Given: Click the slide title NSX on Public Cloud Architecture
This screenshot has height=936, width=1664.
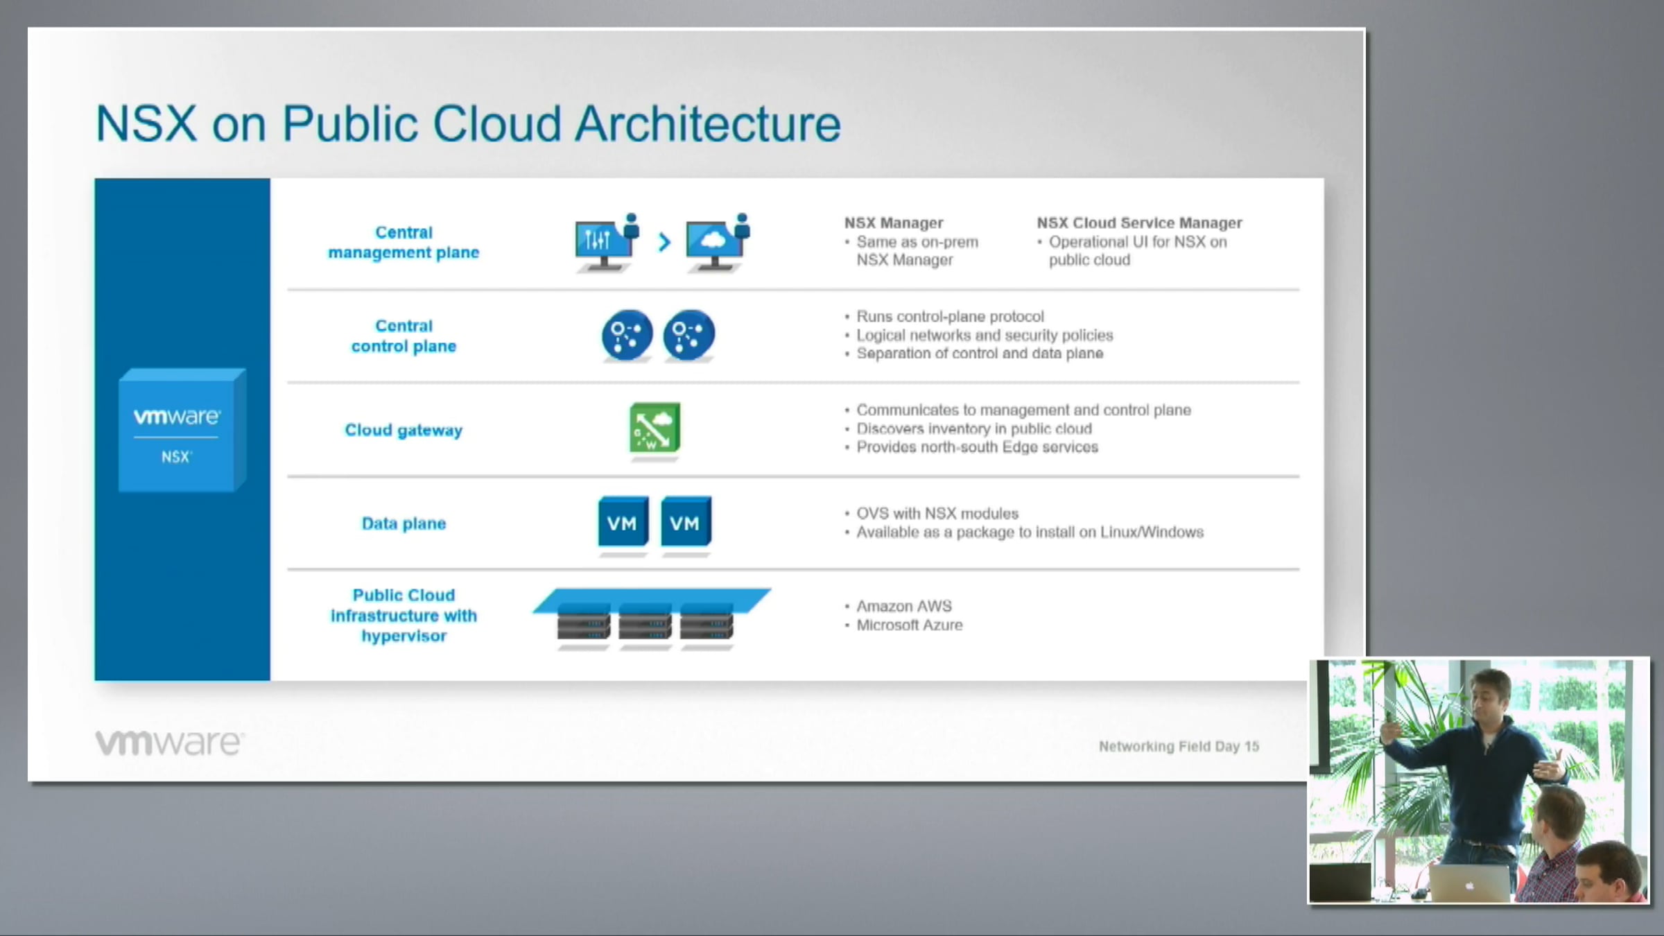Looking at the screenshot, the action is [x=468, y=124].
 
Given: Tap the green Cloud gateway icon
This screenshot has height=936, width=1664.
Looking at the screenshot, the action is [x=655, y=427].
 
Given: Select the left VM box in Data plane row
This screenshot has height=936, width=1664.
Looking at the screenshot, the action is [x=623, y=521].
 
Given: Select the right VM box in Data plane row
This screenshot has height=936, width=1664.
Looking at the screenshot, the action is [x=686, y=521].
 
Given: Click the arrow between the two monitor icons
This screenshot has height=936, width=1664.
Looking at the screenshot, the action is [x=664, y=242].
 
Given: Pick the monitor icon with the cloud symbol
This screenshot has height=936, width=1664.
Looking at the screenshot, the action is [x=718, y=243].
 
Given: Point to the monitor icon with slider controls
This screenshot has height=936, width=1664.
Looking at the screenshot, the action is [x=607, y=243].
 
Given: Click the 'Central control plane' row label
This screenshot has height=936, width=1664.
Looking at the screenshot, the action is [x=404, y=336].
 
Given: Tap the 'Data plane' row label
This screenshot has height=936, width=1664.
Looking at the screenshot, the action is [x=404, y=523].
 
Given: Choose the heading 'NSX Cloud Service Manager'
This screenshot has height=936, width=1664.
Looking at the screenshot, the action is [x=1139, y=223].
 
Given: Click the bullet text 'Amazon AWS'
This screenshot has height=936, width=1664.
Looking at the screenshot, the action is [x=904, y=606].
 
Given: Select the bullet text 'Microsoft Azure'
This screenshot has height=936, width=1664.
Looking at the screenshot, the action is [x=910, y=625].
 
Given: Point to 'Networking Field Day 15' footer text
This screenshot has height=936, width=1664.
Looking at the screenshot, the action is [x=1179, y=746].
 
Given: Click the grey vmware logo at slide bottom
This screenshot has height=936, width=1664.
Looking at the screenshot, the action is [x=169, y=743].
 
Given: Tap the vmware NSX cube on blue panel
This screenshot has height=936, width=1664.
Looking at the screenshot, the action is [x=182, y=430].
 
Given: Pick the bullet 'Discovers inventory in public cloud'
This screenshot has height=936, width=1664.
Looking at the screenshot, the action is [x=974, y=428].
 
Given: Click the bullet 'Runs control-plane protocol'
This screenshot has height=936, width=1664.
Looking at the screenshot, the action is [x=950, y=316].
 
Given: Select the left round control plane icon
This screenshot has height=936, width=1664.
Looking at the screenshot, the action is [x=627, y=335].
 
